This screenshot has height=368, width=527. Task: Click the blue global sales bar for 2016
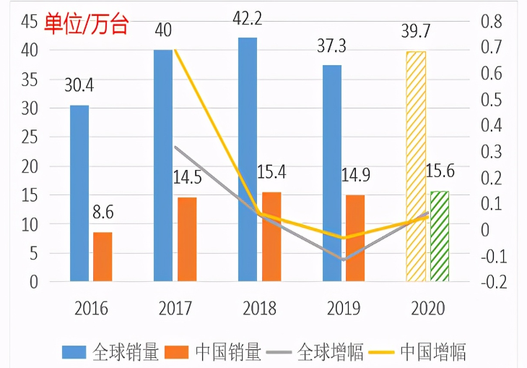(79, 193)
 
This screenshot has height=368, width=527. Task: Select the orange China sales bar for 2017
(186, 239)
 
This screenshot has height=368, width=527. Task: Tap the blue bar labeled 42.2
(248, 159)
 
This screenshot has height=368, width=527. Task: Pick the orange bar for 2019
(355, 238)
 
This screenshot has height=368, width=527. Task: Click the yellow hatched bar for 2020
(416, 166)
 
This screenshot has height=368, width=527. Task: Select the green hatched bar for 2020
(439, 236)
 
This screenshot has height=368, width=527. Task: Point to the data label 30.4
(79, 85)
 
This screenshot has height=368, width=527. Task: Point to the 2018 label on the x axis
(258, 309)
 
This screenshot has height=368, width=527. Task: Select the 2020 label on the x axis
(427, 309)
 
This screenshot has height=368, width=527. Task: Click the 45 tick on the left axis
(30, 22)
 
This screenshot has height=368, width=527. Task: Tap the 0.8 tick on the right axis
(491, 22)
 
